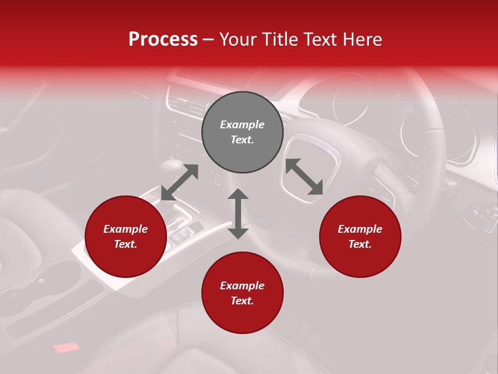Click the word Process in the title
(163, 39)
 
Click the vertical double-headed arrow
(238, 213)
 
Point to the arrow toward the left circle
(179, 182)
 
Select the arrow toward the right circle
(305, 177)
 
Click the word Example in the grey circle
(242, 125)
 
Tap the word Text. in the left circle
(126, 244)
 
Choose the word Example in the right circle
(360, 229)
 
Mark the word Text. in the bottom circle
(242, 301)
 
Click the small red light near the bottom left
(66, 347)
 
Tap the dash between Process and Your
(209, 39)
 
